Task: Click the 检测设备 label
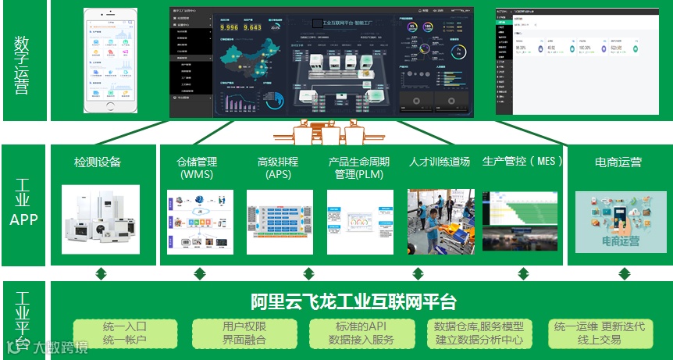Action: click(98, 162)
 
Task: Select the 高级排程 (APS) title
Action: click(278, 168)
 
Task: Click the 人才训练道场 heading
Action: click(440, 162)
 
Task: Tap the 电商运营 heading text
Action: click(618, 162)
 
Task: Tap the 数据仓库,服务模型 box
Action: click(479, 333)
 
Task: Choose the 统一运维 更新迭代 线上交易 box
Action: click(600, 333)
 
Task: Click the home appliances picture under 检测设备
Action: click(100, 220)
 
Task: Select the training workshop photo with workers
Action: click(440, 222)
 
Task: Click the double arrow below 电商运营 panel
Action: click(624, 274)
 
